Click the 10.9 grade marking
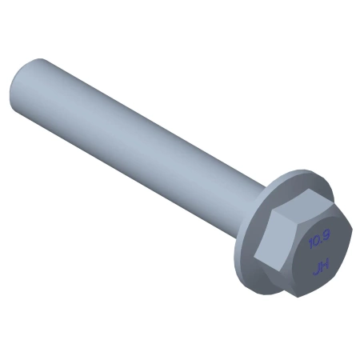click(319, 239)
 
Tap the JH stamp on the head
click(322, 267)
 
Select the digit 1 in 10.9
click(310, 244)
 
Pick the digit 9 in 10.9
click(327, 235)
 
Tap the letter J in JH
click(317, 270)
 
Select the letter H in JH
click(326, 265)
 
